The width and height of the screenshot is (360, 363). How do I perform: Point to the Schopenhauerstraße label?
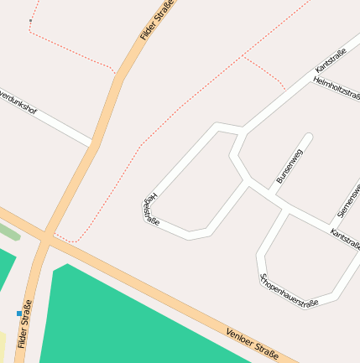290,291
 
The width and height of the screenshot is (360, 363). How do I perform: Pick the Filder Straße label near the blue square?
24,324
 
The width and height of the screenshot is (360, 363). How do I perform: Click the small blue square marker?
19,314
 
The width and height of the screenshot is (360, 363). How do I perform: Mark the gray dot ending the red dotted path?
30,20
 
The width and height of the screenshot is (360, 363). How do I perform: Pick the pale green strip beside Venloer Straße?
8,230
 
